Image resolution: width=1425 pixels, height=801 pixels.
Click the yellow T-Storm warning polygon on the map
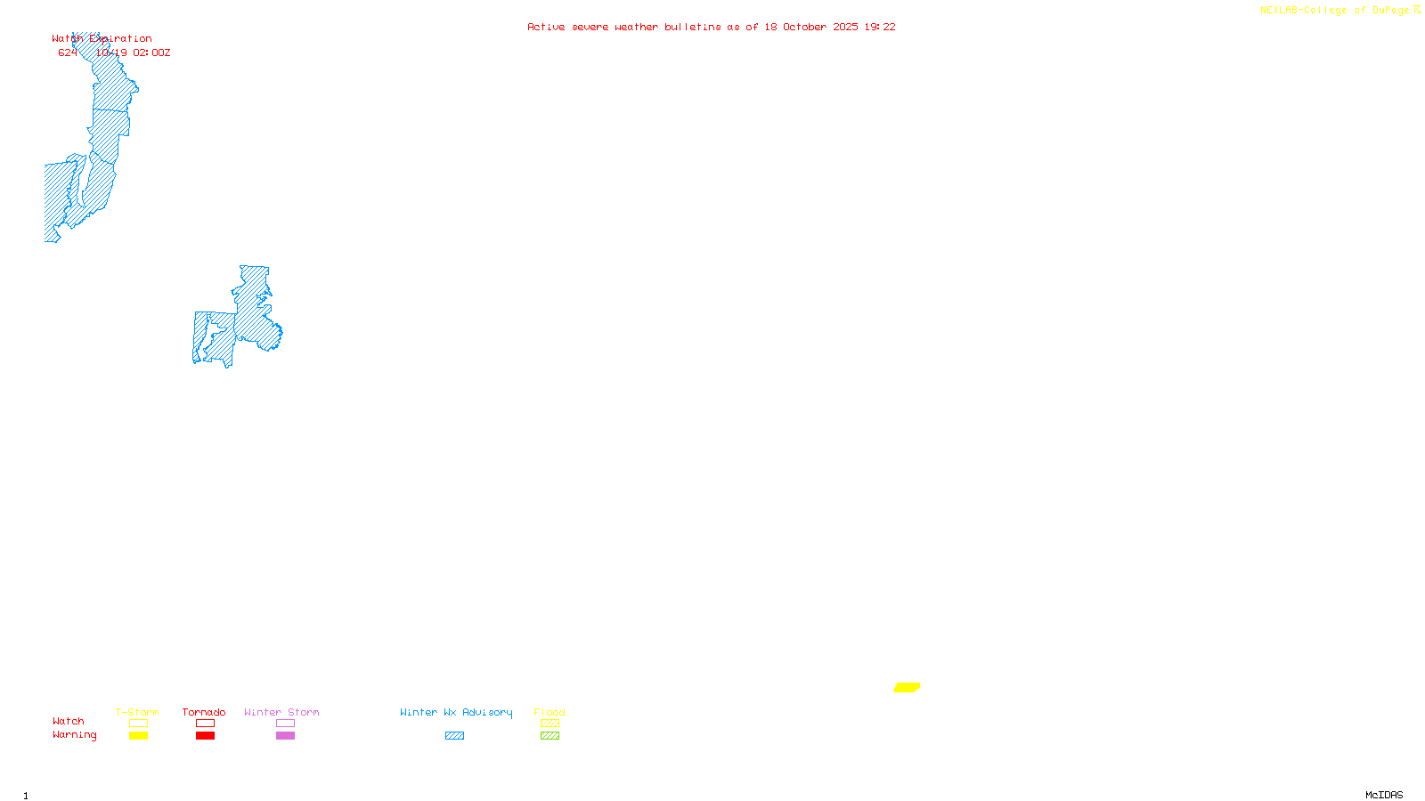[907, 687]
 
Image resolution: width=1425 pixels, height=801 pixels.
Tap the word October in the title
[804, 27]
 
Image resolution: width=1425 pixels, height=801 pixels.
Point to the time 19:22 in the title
[880, 27]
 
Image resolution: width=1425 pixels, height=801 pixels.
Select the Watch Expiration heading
[102, 39]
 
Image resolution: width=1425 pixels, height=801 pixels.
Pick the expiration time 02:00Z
[151, 53]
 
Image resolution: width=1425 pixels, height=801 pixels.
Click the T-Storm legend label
[137, 712]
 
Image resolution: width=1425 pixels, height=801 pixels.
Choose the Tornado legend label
[204, 712]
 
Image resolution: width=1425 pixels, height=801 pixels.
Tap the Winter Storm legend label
[281, 712]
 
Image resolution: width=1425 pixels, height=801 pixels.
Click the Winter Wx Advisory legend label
[456, 712]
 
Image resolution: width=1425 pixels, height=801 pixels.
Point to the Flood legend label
[550, 712]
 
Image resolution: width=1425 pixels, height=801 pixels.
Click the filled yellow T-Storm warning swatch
[138, 736]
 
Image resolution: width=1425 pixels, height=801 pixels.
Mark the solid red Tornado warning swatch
[205, 736]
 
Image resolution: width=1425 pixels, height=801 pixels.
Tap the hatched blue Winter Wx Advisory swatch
[454, 736]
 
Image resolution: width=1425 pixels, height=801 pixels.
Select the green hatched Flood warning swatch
[550, 736]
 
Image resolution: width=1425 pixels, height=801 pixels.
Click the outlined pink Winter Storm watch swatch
[285, 724]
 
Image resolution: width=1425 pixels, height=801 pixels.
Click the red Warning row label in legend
[74, 735]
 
